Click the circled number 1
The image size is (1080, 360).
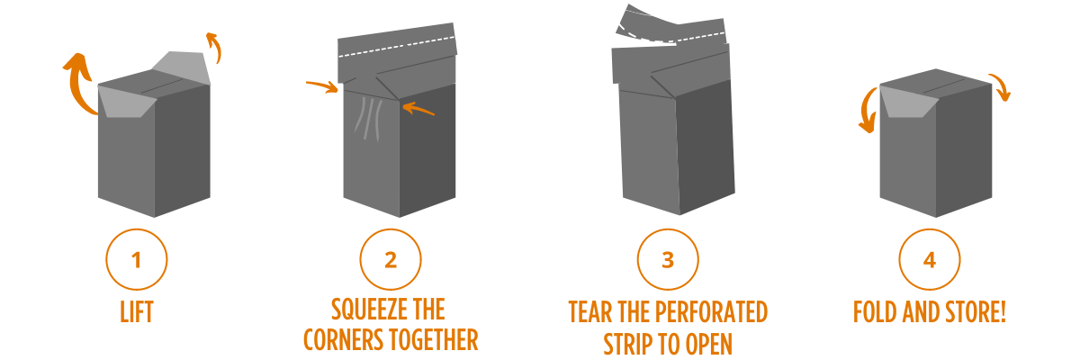pyautogui.click(x=136, y=261)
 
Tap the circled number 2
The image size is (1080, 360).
pyautogui.click(x=391, y=261)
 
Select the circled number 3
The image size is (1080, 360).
pyautogui.click(x=667, y=261)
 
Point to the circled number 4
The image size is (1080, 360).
pyautogui.click(x=929, y=261)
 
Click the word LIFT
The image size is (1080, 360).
pyautogui.click(x=136, y=313)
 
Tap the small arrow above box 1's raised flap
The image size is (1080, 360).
pyautogui.click(x=212, y=47)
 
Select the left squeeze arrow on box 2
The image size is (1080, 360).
pyautogui.click(x=322, y=86)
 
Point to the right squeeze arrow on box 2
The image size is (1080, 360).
pyautogui.click(x=419, y=110)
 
